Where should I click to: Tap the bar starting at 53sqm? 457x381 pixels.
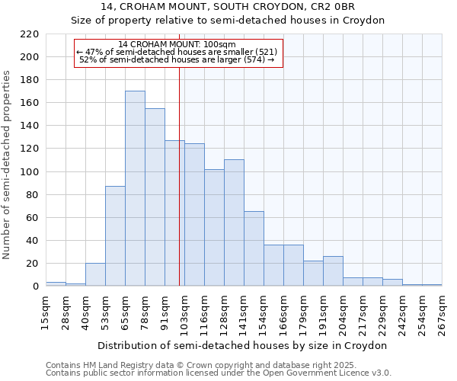[x=115, y=235]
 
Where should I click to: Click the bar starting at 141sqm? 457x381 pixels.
[x=254, y=248]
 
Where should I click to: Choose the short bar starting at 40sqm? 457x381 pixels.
[x=95, y=274]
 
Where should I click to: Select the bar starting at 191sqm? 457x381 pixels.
[x=333, y=271]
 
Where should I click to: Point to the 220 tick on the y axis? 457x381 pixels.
[x=30, y=34]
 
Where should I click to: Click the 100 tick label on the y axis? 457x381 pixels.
[x=30, y=172]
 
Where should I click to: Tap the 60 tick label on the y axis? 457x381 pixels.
[x=33, y=218]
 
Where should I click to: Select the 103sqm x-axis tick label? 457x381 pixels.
[x=184, y=312]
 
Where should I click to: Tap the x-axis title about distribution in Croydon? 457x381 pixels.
[x=243, y=345]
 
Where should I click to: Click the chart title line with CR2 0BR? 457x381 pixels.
[x=228, y=7]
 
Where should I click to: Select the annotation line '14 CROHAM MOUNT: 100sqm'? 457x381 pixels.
[x=177, y=44]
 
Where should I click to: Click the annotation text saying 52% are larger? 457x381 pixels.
[x=177, y=59]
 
